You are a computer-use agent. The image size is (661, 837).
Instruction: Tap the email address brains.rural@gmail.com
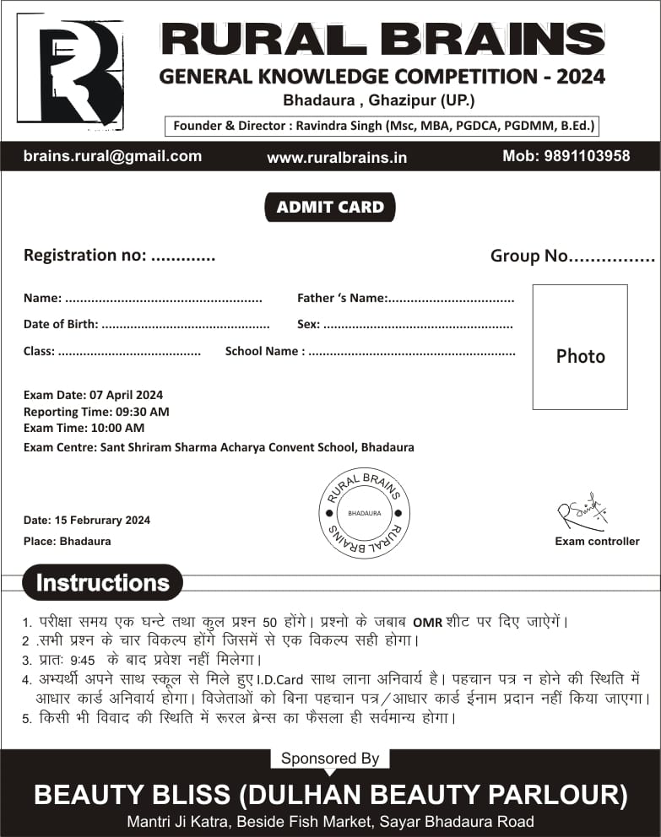pos(112,156)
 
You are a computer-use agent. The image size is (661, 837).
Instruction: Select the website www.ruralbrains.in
pos(337,157)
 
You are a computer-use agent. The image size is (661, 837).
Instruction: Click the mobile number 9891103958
pos(566,156)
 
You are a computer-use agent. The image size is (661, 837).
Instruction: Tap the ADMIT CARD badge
pos(330,207)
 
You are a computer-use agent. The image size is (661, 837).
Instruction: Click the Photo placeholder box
pos(580,347)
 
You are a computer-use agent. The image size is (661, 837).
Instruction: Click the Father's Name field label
pos(342,298)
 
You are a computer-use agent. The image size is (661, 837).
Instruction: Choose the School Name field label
pos(262,351)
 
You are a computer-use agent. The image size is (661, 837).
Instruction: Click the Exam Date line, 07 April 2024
pos(94,395)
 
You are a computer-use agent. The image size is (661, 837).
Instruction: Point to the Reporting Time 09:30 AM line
pos(96,412)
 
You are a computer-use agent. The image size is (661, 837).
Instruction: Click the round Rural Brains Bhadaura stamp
pos(364,513)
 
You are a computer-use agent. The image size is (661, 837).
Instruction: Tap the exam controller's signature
pos(582,513)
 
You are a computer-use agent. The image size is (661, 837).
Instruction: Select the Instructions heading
pos(103,583)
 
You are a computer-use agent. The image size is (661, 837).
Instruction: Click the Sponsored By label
pos(329,759)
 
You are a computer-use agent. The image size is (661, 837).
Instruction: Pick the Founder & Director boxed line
pos(383,127)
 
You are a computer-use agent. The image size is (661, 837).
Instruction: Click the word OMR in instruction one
pos(428,623)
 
